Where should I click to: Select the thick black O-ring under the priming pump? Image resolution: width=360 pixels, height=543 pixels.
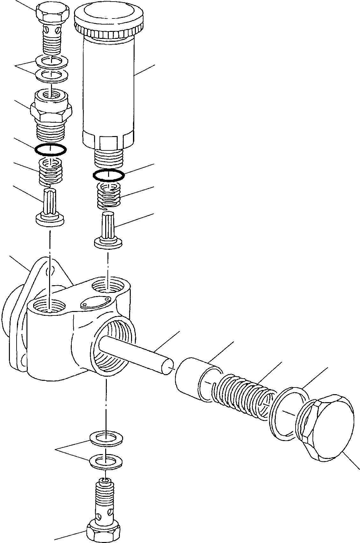click(108, 175)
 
